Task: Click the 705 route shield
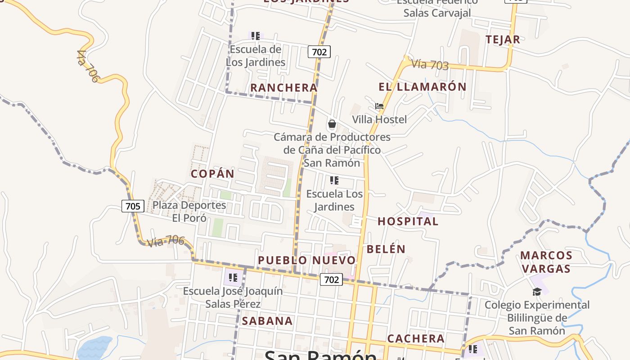tap(133, 207)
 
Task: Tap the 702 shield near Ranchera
tap(319, 52)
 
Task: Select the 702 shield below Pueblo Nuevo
tap(331, 279)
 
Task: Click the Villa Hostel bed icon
tap(379, 107)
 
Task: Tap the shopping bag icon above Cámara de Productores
tap(332, 124)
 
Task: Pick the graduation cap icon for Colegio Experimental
tap(537, 292)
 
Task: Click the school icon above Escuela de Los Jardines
tap(255, 36)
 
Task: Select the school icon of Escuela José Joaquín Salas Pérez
tap(233, 277)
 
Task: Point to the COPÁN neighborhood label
tap(212, 174)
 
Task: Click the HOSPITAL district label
tap(408, 221)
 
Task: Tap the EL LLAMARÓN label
tap(422, 87)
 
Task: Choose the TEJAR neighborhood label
tap(503, 40)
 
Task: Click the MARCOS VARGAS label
tap(546, 262)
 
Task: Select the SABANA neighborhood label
tap(267, 321)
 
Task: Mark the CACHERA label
tap(416, 338)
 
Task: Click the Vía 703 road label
tap(430, 65)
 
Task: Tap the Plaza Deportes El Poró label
tap(189, 211)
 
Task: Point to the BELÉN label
tap(386, 249)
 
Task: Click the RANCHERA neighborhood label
tap(283, 88)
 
